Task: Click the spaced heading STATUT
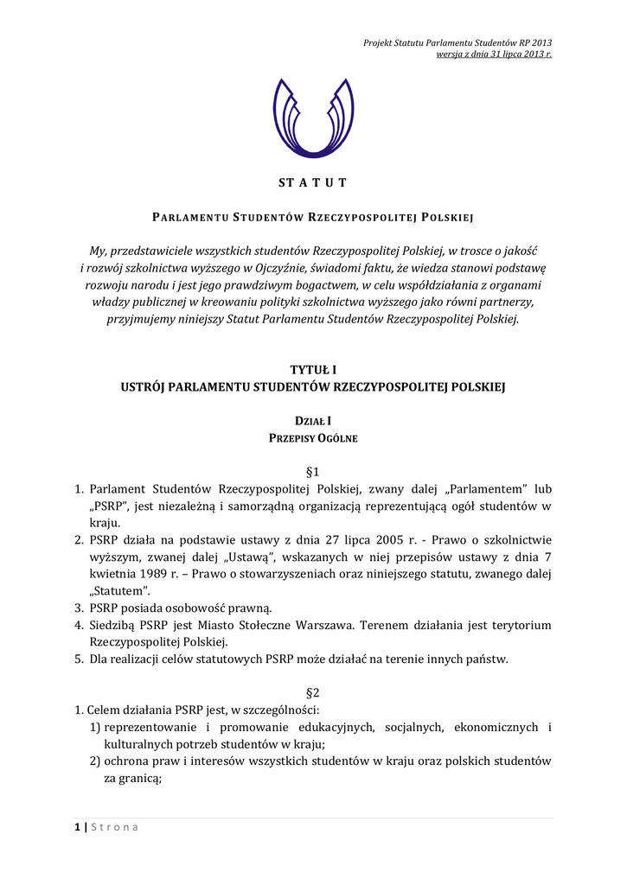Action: pyautogui.click(x=313, y=182)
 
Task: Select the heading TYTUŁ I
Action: pyautogui.click(x=313, y=370)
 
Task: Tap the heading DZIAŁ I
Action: pyautogui.click(x=313, y=421)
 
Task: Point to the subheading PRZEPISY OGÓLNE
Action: pyautogui.click(x=313, y=438)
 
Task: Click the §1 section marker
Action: pyautogui.click(x=313, y=472)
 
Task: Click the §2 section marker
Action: pyautogui.click(x=313, y=693)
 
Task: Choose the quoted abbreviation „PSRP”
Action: pyautogui.click(x=108, y=506)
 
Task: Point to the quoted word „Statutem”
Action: pyautogui.click(x=118, y=590)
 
